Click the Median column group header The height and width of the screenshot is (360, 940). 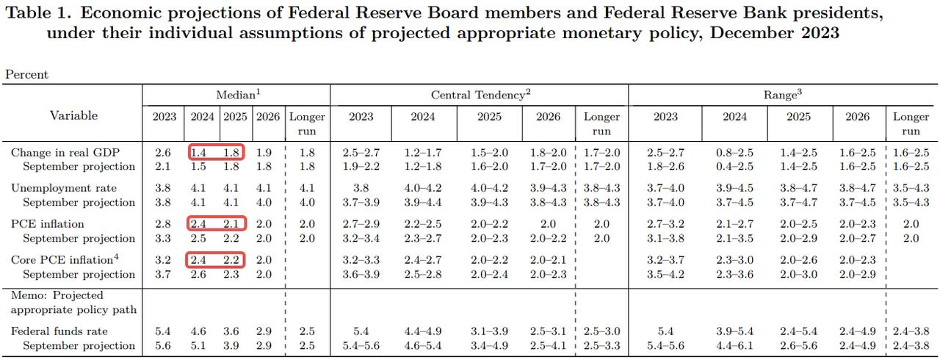236,95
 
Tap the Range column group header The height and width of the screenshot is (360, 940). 781,95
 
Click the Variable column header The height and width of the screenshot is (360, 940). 73,115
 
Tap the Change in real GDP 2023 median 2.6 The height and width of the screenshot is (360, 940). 164,153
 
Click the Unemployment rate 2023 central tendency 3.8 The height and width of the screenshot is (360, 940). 361,188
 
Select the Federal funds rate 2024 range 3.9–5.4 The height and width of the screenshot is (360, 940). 734,331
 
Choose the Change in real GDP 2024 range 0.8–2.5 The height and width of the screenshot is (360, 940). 734,153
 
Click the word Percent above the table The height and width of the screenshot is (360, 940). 26,74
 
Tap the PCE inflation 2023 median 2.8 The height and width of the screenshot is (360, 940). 164,224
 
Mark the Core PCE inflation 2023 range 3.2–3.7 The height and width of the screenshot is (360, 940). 665,259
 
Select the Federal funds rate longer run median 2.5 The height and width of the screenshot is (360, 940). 307,331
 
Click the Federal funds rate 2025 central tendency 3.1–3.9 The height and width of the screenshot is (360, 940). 489,331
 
